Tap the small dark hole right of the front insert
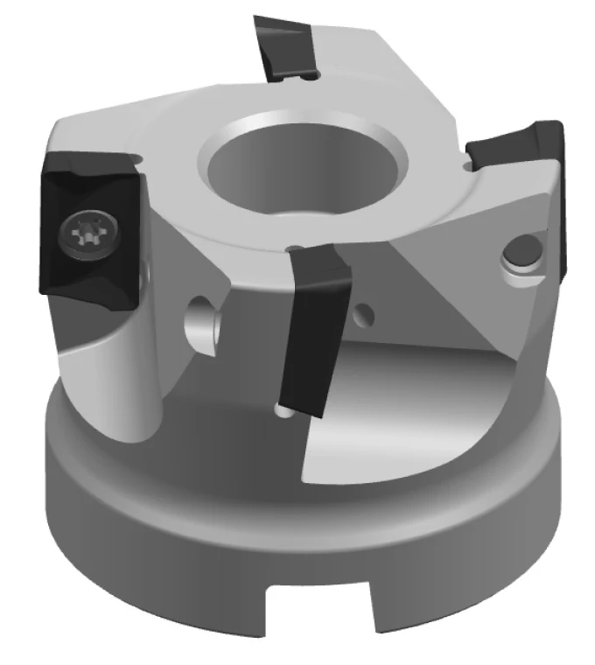tap(367, 311)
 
